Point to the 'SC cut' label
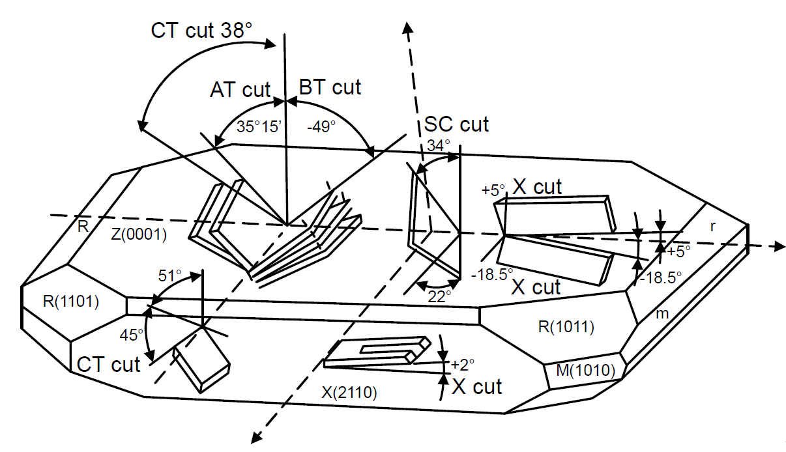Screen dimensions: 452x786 click(x=456, y=123)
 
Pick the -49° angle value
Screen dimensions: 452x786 click(x=322, y=127)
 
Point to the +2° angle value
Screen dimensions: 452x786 click(x=462, y=362)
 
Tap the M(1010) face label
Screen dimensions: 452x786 click(x=583, y=372)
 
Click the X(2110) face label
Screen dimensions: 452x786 click(x=349, y=391)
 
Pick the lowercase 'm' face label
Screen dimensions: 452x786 click(x=662, y=315)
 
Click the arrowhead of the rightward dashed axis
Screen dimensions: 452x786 click(x=778, y=247)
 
